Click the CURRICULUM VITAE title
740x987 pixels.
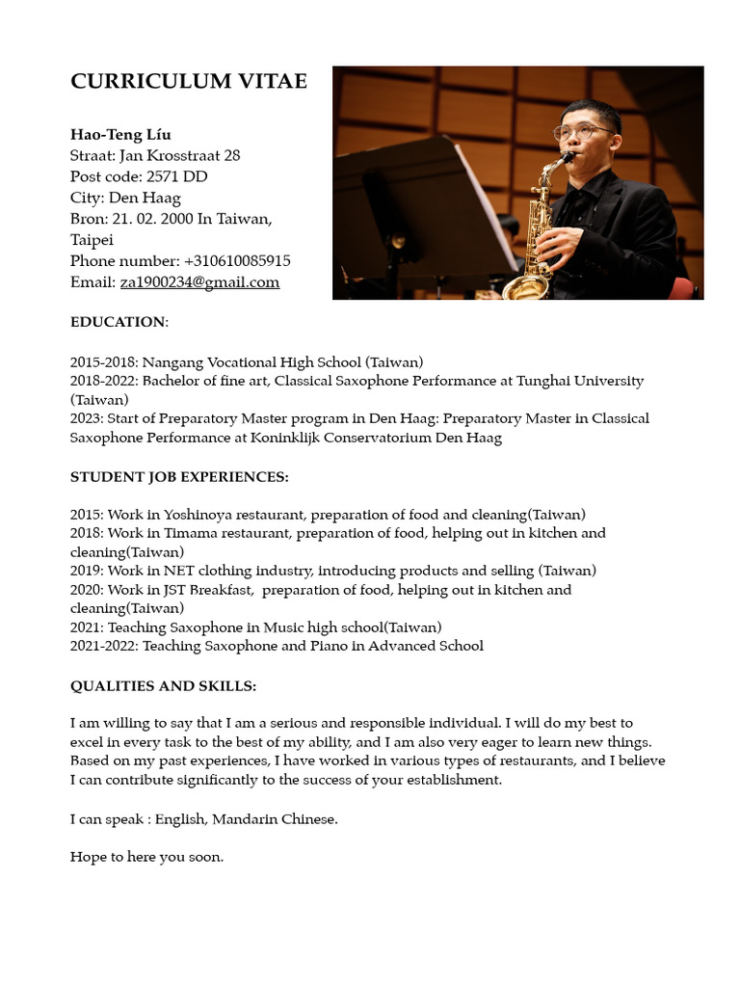(x=189, y=82)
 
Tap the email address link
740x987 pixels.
(x=199, y=282)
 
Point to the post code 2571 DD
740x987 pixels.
(x=176, y=176)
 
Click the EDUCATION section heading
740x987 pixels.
(x=119, y=322)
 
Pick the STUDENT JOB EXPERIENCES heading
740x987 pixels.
(x=179, y=477)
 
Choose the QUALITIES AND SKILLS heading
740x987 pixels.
(x=163, y=686)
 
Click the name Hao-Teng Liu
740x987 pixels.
(x=120, y=134)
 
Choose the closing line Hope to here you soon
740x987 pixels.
(x=146, y=857)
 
